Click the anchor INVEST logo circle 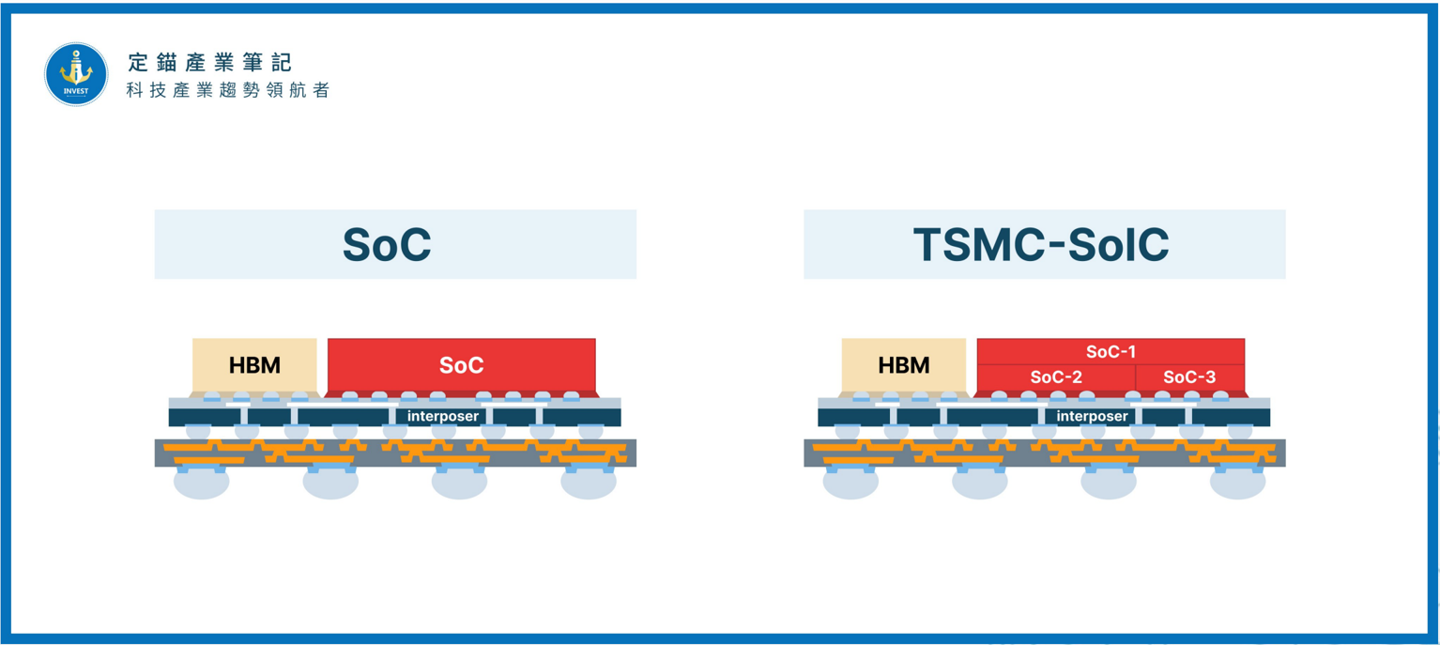coord(76,74)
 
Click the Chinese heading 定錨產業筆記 coord(210,62)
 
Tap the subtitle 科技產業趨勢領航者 coord(228,90)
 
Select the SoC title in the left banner coord(387,245)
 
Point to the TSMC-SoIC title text coord(1041,245)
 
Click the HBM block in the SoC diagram coord(254,364)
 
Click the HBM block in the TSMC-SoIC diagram coord(904,364)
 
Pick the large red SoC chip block coord(462,364)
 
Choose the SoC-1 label coord(1111,352)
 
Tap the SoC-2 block coord(1056,377)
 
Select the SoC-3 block coord(1190,377)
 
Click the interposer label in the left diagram coord(443,416)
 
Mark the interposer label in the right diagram coord(1093,416)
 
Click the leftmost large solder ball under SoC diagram coord(201,484)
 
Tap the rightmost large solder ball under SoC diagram coord(589,484)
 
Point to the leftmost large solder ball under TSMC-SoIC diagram coord(850,484)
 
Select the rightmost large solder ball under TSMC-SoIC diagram coord(1237,484)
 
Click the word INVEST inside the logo coord(76,91)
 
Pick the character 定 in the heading coord(138,62)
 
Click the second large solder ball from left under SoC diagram coord(330,484)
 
